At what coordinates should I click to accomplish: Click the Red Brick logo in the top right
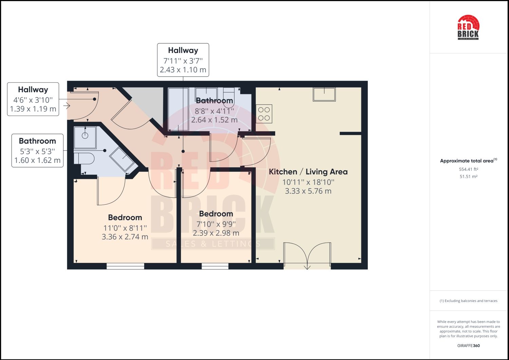pos(468,27)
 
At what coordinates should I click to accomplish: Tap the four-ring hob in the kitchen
pos(264,114)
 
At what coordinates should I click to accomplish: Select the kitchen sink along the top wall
pos(324,94)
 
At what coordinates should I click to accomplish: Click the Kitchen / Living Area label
pos(308,172)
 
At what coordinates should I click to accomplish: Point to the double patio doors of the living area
pos(307,254)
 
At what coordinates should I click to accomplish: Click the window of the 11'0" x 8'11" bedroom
pos(125,266)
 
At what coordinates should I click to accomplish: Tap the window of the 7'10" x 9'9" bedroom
pos(215,266)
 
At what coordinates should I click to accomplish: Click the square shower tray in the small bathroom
pos(85,137)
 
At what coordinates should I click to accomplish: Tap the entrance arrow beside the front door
pos(66,106)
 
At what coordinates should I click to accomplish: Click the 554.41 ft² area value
pos(468,169)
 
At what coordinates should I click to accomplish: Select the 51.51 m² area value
pos(468,176)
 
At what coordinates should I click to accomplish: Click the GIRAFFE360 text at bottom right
pos(468,346)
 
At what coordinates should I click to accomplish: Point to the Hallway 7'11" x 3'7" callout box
pos(183,60)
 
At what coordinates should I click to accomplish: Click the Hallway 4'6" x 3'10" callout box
pos(33,99)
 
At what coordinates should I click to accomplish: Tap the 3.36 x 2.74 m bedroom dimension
pos(125,237)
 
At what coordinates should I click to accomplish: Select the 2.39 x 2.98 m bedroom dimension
pos(216,233)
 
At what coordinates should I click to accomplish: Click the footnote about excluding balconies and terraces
pos(468,301)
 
